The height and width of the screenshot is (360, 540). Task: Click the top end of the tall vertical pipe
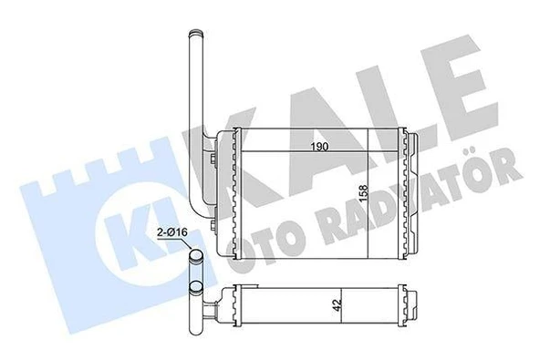coord(194,34)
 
